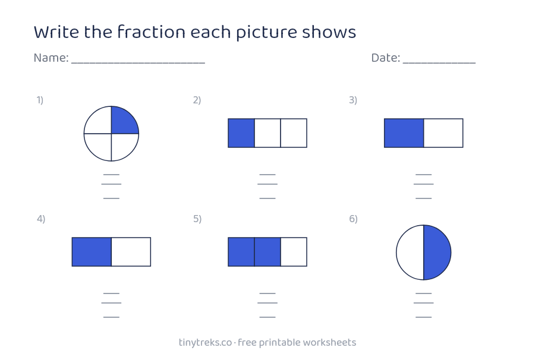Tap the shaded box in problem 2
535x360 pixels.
pyautogui.click(x=241, y=133)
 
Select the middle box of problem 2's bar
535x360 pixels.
pyautogui.click(x=267, y=133)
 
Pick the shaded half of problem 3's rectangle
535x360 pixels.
pyautogui.click(x=404, y=133)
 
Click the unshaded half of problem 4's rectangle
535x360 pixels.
pyautogui.click(x=131, y=252)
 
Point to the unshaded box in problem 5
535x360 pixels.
pyautogui.click(x=294, y=252)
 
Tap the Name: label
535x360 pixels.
pyautogui.click(x=51, y=58)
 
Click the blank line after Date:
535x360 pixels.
pyautogui.click(x=439, y=63)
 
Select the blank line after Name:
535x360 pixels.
pyautogui.click(x=138, y=63)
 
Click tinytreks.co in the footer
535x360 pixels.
pyautogui.click(x=205, y=343)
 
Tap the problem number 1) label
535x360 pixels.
pyautogui.click(x=40, y=100)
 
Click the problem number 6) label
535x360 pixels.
pyautogui.click(x=353, y=219)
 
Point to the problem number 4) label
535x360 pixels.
pyautogui.click(x=41, y=219)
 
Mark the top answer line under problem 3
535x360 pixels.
pyautogui.click(x=423, y=175)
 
